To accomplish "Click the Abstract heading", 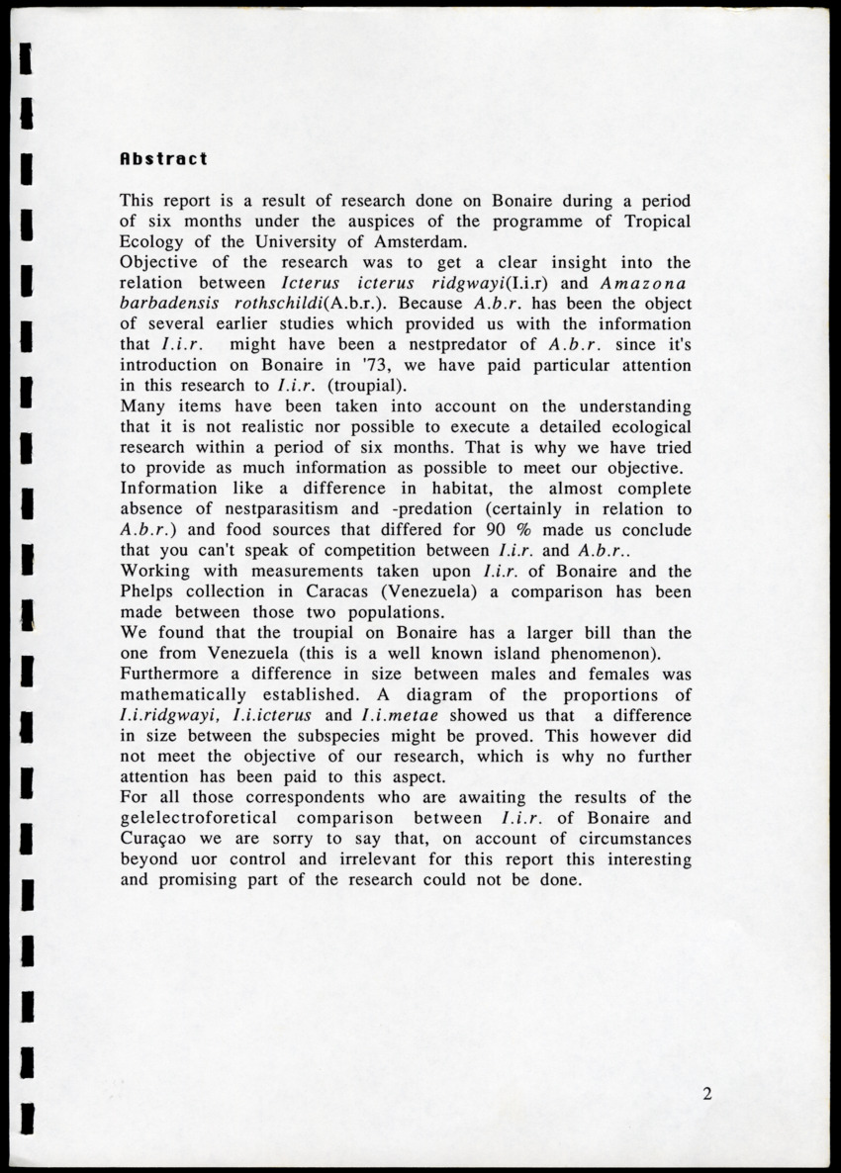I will [x=163, y=158].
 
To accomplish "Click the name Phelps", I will [x=148, y=591].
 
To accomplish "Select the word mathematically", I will [x=185, y=694].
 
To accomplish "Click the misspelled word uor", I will [x=222, y=859].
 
